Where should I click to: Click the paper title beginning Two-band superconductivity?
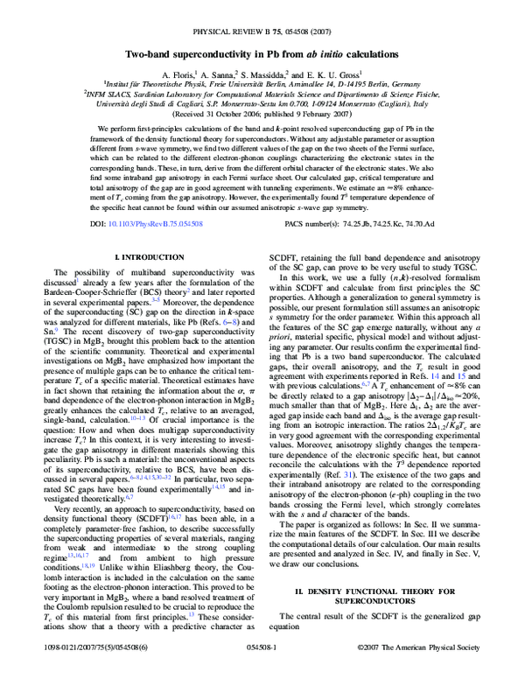pyautogui.click(x=262, y=52)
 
